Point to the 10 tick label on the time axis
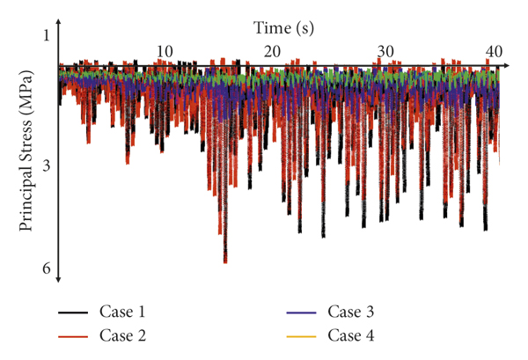coord(165,50)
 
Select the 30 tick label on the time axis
coord(384,50)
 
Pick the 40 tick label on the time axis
coord(493,50)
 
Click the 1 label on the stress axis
coord(46,35)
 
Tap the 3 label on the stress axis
coord(46,166)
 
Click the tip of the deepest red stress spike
coord(225,262)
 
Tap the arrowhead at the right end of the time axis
coord(508,65)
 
